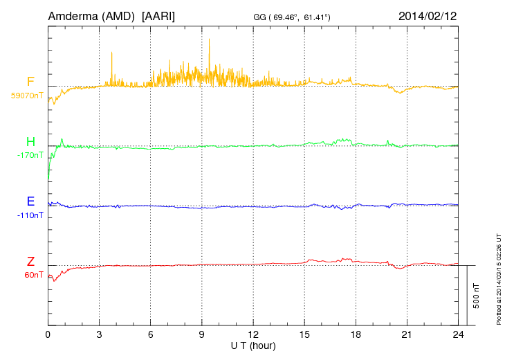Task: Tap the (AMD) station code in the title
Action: click(118, 15)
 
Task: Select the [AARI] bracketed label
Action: click(158, 15)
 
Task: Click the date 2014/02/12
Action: click(428, 15)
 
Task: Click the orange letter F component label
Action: click(30, 82)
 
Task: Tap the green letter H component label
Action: click(30, 143)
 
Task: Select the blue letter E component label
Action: click(30, 202)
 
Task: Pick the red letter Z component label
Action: click(30, 262)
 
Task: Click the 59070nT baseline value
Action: click(27, 96)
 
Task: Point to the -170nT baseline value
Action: click(30, 155)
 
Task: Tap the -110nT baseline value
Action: click(30, 215)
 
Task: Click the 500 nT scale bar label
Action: click(476, 296)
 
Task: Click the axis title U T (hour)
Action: click(252, 345)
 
